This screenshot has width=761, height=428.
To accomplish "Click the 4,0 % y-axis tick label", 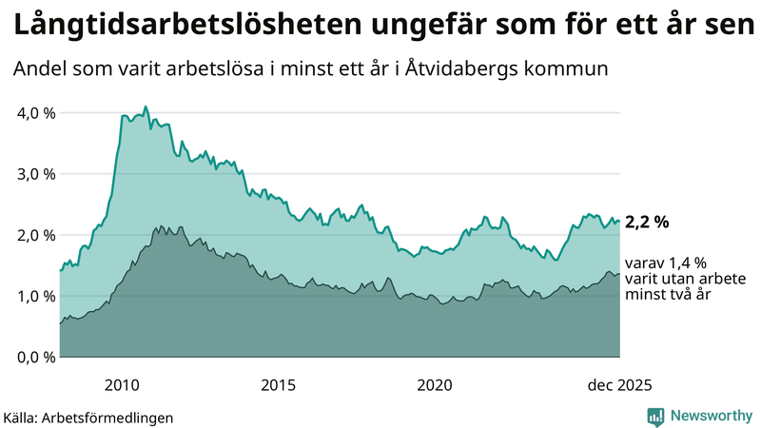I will click(36, 113).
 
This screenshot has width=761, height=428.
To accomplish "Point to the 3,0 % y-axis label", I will click(36, 174).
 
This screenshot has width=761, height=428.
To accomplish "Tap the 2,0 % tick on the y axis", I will click(36, 235).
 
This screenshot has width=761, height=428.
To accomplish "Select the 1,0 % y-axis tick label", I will click(36, 296).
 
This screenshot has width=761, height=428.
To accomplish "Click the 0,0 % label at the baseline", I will click(36, 357).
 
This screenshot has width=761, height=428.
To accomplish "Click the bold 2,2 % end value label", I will click(647, 223).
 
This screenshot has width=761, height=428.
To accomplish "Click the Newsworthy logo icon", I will click(655, 416).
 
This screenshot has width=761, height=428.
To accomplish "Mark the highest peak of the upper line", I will click(146, 107).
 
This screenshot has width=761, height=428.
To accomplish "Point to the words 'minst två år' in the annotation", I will click(667, 296).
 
